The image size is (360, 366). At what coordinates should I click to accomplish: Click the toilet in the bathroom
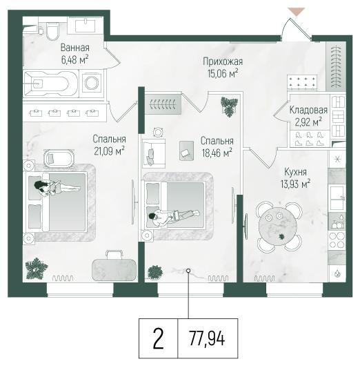(52, 31)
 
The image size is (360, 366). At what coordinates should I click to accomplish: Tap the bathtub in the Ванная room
(50, 84)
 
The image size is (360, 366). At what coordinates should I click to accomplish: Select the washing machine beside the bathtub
(91, 83)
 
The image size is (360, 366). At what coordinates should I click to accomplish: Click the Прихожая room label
(223, 61)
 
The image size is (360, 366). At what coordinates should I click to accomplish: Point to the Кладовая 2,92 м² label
(308, 116)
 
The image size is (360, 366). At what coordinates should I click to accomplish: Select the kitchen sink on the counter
(337, 198)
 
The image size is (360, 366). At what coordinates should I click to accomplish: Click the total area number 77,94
(207, 338)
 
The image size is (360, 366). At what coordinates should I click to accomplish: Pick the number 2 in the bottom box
(159, 338)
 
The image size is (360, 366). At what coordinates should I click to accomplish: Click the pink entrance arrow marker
(297, 12)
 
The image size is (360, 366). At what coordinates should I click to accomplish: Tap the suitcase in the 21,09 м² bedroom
(114, 266)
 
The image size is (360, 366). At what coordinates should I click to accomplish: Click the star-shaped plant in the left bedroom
(37, 269)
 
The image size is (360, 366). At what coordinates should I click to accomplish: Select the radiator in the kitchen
(264, 278)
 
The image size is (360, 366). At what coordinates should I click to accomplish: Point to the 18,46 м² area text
(217, 153)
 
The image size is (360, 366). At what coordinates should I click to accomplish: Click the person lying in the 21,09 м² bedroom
(57, 187)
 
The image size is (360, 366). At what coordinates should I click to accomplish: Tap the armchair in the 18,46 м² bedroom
(154, 153)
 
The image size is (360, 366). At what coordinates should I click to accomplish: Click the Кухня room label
(295, 172)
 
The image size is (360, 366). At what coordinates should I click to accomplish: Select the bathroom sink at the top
(85, 26)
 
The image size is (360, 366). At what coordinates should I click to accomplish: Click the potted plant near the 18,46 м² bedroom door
(230, 106)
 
